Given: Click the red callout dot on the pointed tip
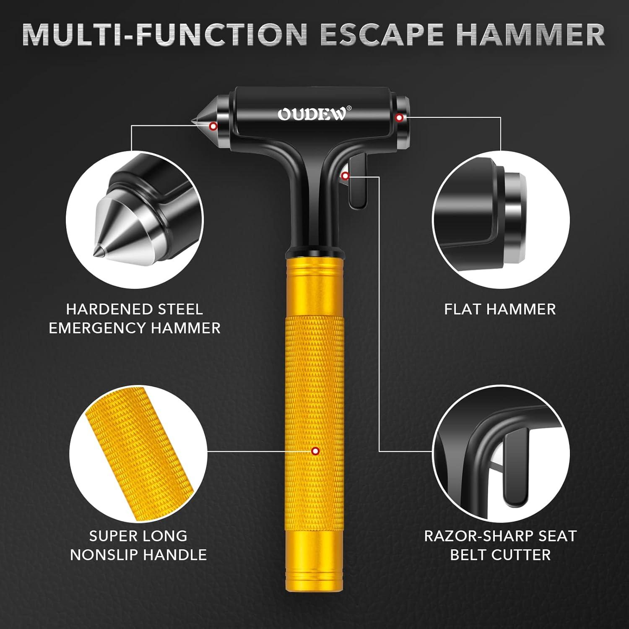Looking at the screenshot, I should tap(213, 126).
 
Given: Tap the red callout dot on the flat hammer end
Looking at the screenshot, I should tap(400, 117).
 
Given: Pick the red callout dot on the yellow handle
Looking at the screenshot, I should tap(315, 451).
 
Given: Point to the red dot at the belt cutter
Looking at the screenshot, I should tap(345, 176).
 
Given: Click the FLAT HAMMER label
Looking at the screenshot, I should tap(500, 309).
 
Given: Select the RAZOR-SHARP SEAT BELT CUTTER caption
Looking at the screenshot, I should tap(500, 545).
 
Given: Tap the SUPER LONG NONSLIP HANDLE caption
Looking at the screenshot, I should tap(138, 545).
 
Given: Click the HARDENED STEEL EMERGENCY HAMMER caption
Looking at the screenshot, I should tap(135, 318).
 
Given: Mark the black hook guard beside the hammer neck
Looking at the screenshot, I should tap(357, 180).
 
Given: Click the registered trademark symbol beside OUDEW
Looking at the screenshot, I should tap(349, 108).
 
